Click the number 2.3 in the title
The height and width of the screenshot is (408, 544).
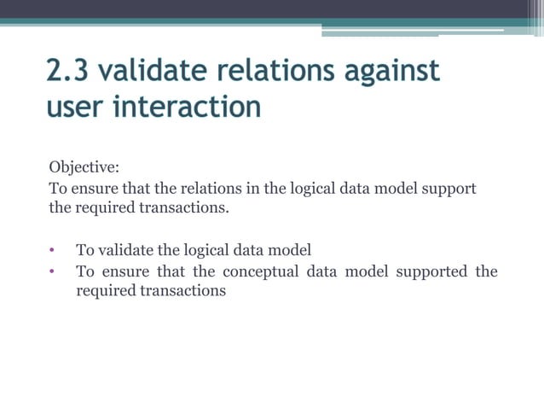tap(67, 70)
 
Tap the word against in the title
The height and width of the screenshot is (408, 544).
tap(391, 70)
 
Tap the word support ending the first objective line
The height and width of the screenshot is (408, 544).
tap(449, 188)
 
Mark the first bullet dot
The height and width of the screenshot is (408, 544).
tap(51, 251)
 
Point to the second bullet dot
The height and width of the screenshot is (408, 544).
tap(51, 272)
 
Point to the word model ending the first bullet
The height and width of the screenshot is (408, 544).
tap(292, 250)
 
